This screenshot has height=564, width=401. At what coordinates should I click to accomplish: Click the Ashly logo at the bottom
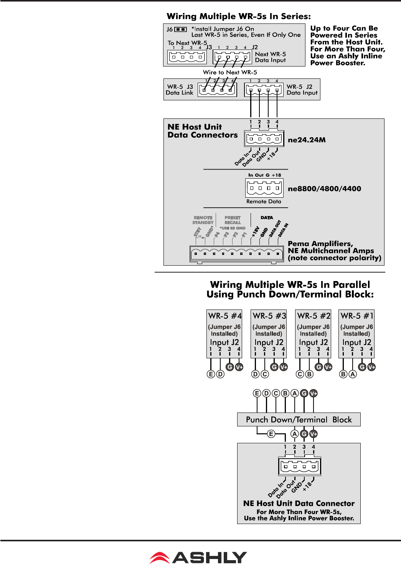tap(198, 557)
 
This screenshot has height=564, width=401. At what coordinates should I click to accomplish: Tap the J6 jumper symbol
tap(180, 29)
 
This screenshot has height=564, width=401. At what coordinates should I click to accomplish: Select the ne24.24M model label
tap(307, 140)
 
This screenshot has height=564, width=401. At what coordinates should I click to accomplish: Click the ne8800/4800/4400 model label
tap(324, 189)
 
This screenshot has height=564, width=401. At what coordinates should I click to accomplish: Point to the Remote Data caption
tap(264, 201)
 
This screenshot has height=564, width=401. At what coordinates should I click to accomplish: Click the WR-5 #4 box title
tap(225, 316)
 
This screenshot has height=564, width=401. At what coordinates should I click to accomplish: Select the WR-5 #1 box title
tap(357, 316)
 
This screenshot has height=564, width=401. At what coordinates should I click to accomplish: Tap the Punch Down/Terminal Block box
tap(299, 419)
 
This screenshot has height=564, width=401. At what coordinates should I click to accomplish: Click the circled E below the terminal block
tap(271, 434)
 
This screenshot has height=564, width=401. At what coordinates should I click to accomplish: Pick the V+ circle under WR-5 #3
tap(284, 367)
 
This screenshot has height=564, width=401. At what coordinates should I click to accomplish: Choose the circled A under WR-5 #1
tap(352, 374)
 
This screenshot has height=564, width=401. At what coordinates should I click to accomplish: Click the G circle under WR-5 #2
tap(319, 367)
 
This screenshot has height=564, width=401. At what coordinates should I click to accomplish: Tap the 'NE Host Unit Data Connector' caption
tap(299, 503)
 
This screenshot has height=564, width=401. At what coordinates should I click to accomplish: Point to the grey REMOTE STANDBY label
tap(203, 220)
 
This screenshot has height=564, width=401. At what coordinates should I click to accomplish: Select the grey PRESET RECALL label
tap(233, 220)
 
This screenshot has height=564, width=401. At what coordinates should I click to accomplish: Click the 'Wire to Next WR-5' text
tap(230, 72)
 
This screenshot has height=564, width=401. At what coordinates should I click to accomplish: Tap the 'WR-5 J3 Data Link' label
tap(180, 90)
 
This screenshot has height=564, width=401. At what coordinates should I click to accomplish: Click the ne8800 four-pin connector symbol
tap(264, 188)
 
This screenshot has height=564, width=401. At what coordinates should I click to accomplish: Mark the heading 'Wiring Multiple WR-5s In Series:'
tap(239, 17)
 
